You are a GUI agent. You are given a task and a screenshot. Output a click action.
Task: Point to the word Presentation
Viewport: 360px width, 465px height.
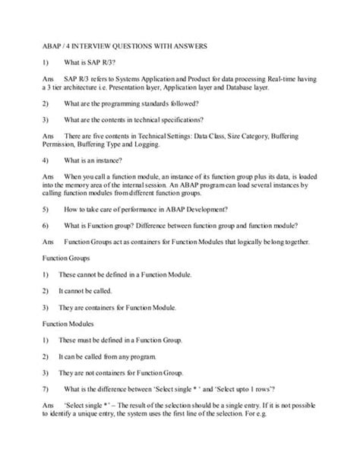coord(145,88)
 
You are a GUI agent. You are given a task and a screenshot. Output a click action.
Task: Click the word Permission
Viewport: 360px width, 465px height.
coord(55,146)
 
